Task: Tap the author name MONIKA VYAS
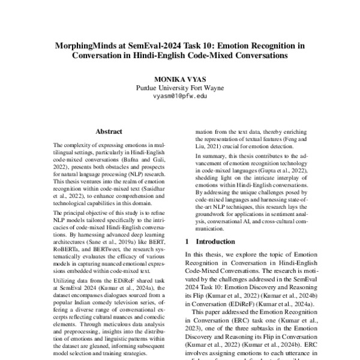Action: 179,79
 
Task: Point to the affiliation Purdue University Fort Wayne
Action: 179,88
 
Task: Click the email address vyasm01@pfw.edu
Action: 179,95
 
